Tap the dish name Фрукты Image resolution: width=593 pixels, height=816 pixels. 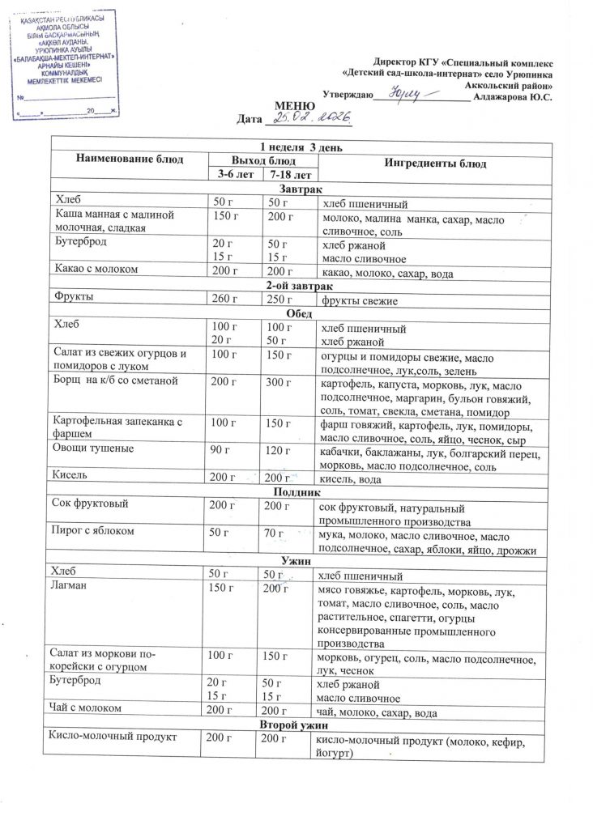tap(73, 297)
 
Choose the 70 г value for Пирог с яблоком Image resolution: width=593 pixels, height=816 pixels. tap(276, 533)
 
